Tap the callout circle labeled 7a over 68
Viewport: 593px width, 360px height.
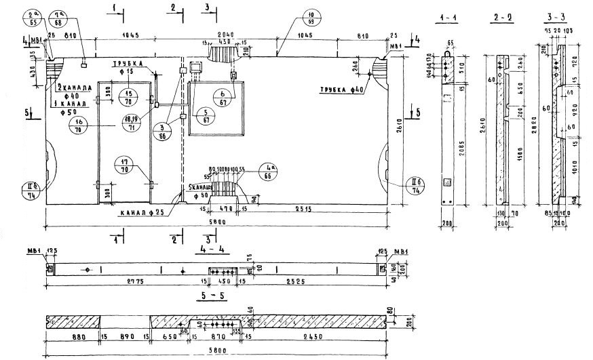pos(60,18)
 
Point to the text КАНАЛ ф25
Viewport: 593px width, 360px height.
pos(142,212)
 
